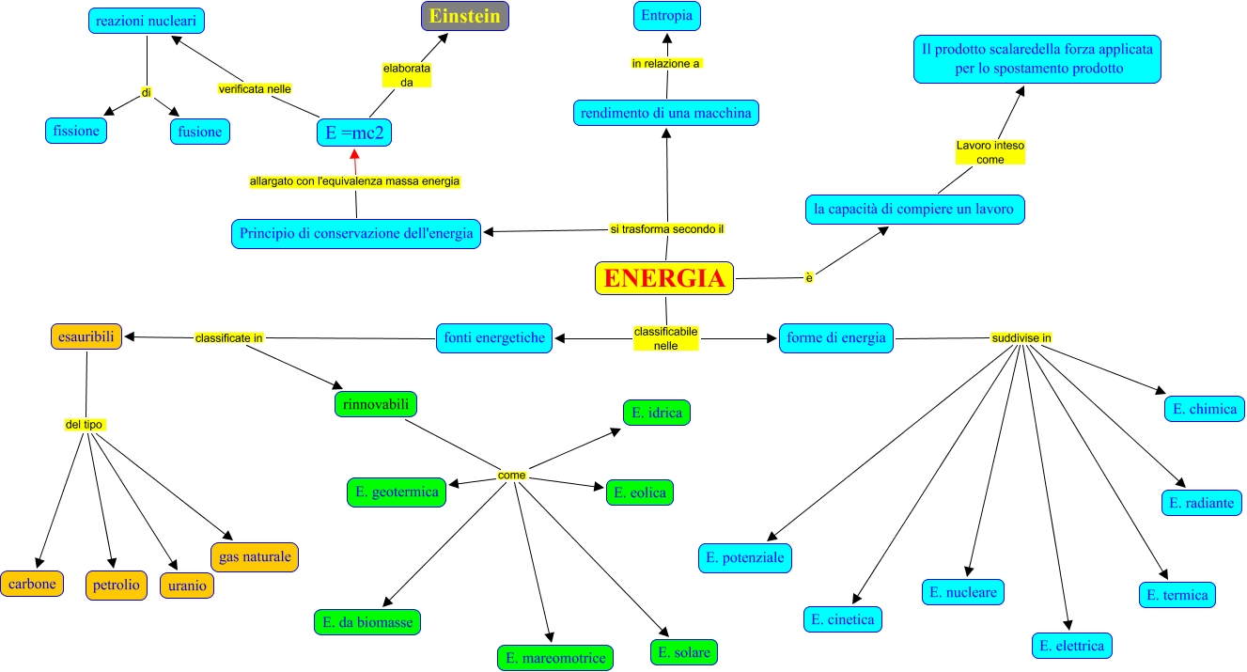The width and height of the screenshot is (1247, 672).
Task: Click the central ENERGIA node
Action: click(x=664, y=278)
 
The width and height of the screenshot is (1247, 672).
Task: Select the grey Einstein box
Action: click(x=465, y=16)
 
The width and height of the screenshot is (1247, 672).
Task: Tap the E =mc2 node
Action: click(x=354, y=133)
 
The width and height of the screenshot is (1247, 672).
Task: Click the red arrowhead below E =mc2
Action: click(x=354, y=153)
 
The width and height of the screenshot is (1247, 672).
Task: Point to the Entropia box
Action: click(x=667, y=16)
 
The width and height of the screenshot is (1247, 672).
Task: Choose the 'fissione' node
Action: click(x=76, y=131)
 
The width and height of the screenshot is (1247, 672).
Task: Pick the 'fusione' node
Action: click(x=200, y=132)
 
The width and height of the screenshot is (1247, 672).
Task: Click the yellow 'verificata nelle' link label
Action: click(x=255, y=89)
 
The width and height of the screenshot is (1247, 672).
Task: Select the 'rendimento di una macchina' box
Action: click(x=666, y=113)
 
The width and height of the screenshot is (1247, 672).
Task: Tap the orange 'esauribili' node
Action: click(x=86, y=336)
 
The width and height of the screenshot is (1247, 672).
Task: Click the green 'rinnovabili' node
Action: click(x=376, y=404)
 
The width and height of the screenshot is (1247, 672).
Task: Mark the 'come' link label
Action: click(x=511, y=475)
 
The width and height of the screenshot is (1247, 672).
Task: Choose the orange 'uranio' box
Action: click(x=187, y=586)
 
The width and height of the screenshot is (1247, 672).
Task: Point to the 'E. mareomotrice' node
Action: click(x=555, y=658)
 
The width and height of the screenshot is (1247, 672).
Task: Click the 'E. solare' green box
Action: click(x=684, y=652)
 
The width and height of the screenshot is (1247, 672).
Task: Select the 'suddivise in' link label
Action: click(x=1021, y=338)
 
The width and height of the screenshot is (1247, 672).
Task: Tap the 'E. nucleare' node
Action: click(x=963, y=592)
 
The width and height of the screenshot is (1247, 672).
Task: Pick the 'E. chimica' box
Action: click(x=1205, y=409)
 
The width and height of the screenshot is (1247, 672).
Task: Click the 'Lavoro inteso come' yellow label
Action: click(x=990, y=152)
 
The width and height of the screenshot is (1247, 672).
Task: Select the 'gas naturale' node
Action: click(x=255, y=556)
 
